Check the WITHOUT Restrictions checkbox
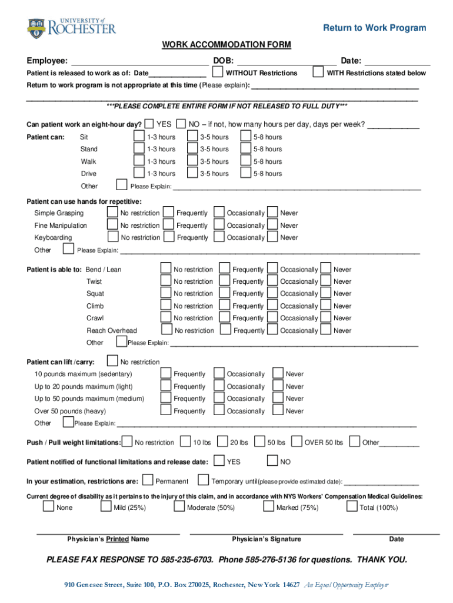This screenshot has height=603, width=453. coord(217,72)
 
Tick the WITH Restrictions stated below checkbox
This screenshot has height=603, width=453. coord(318,72)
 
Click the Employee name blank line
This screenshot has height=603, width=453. coord(139,61)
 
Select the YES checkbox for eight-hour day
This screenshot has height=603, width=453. coord(149,124)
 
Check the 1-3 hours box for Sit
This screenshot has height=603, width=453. coord(139,137)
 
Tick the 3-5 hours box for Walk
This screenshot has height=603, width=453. coord(192,161)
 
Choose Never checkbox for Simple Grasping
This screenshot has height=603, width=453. coord(272,213)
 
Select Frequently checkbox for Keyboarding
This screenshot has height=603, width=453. coord(168,237)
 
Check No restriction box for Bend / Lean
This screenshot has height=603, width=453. coord(166,269)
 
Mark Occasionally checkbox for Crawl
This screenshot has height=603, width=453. coord(272,318)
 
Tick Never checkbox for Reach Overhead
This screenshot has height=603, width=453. coord(326,330)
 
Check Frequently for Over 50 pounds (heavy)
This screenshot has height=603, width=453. coord(166,411)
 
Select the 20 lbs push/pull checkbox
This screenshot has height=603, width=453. coord(222,442)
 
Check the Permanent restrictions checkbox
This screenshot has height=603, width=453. coord(148,481)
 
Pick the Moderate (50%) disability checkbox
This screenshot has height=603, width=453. coord(179,507)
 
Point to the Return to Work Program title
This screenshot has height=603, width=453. coord(374,28)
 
